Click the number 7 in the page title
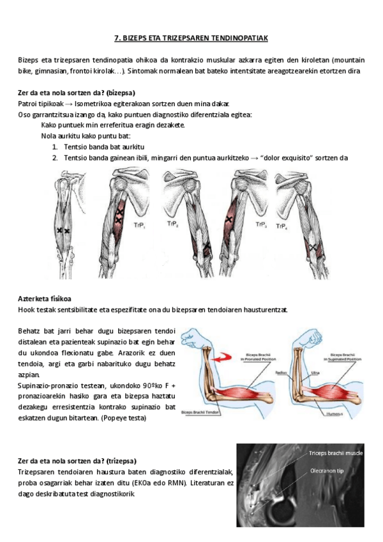click(116, 38)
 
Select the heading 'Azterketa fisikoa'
click(45, 298)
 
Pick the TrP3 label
click(260, 224)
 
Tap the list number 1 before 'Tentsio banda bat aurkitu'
click(56, 146)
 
